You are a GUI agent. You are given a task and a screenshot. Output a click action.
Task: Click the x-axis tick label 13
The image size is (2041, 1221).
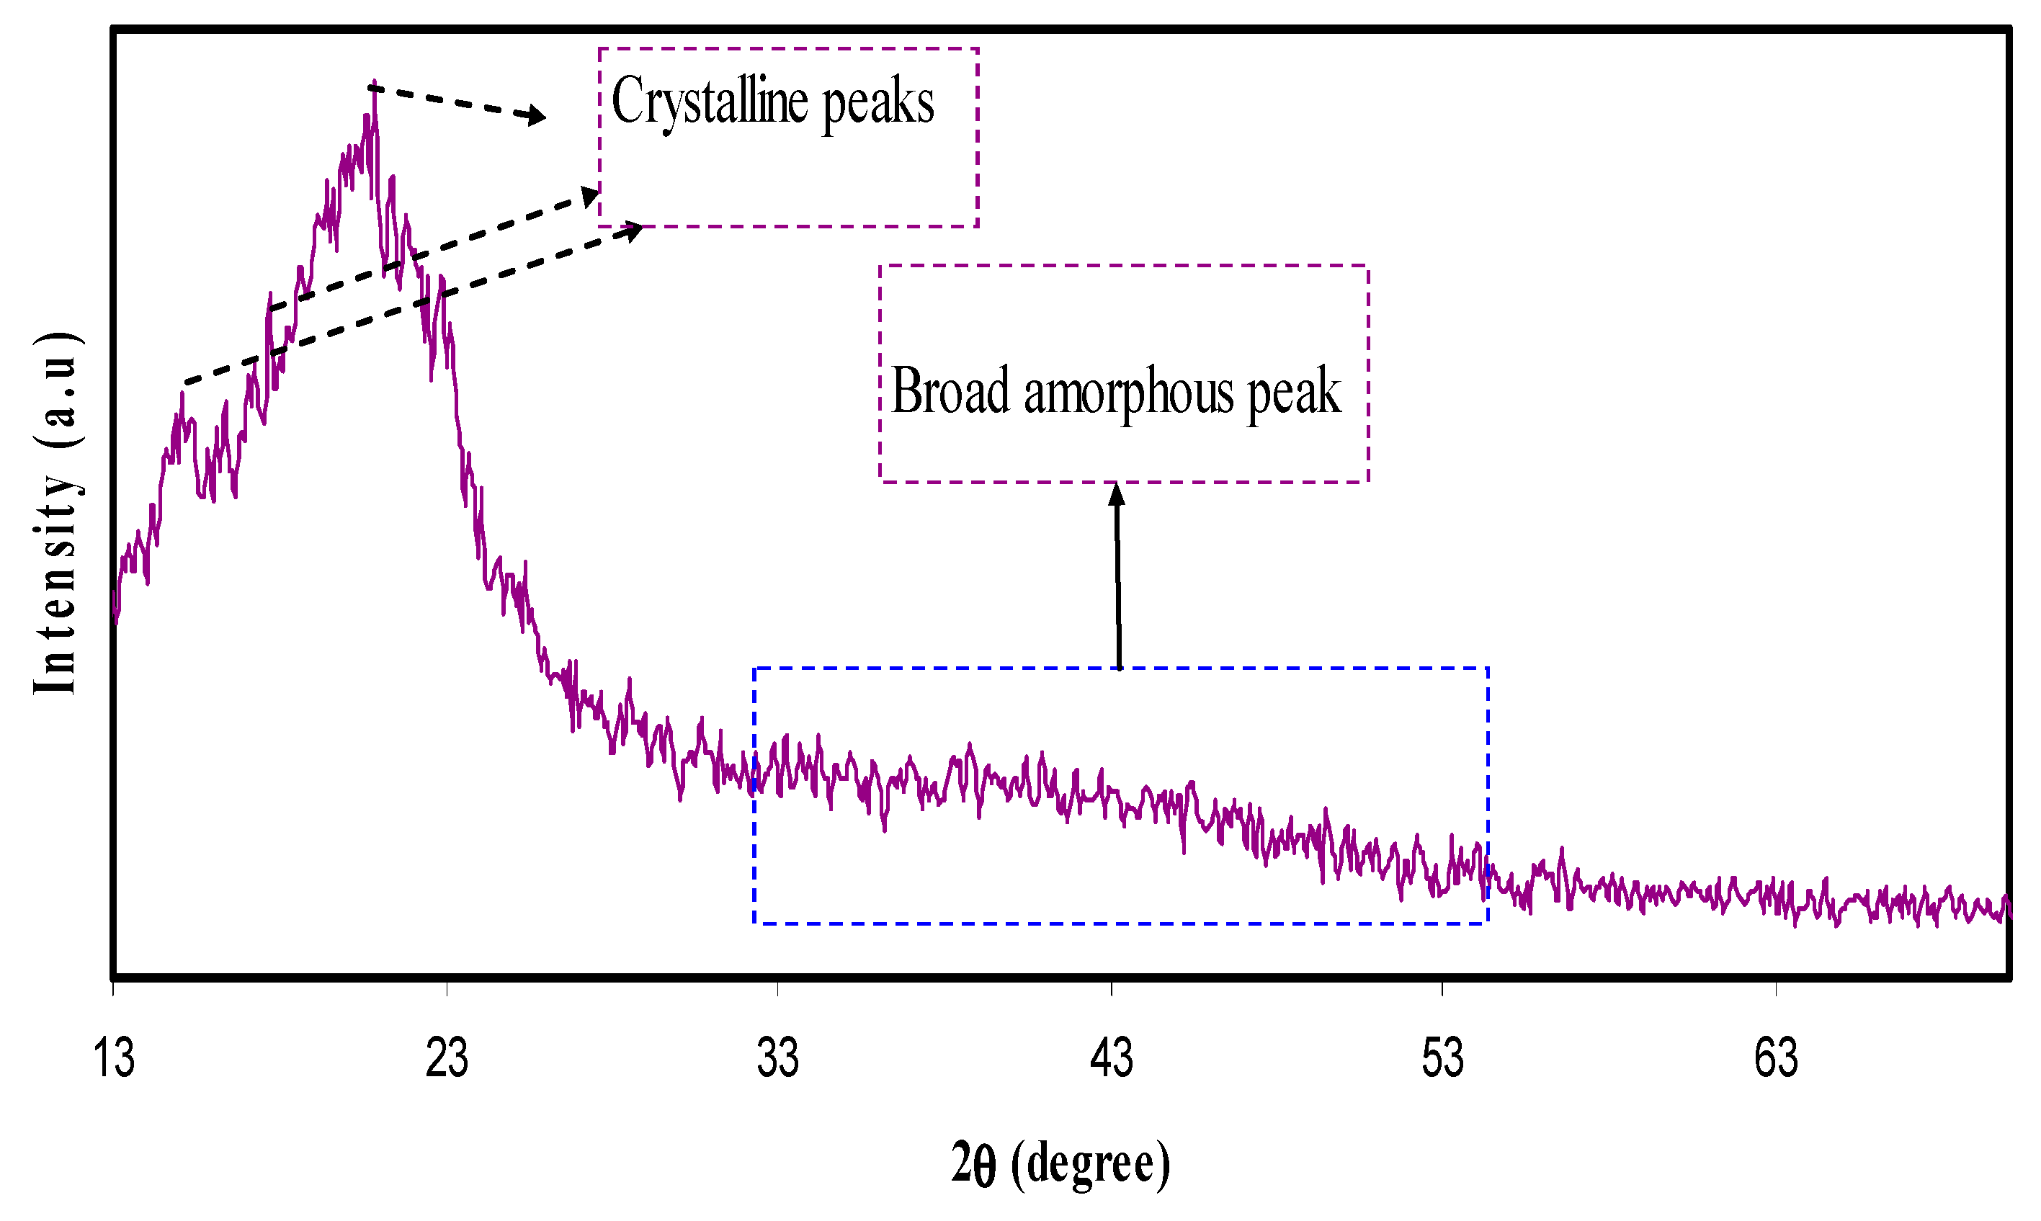tap(114, 1059)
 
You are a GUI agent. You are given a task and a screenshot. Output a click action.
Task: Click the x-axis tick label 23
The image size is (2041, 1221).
tap(447, 1059)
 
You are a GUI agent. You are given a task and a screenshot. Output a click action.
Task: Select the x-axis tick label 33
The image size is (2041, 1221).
tap(777, 1059)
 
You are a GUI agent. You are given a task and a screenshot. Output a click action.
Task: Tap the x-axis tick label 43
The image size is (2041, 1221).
tap(1112, 1059)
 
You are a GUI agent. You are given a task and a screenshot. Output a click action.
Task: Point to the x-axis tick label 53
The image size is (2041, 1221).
tap(1443, 1059)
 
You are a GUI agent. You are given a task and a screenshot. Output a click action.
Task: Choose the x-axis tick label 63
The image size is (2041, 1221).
tap(1776, 1059)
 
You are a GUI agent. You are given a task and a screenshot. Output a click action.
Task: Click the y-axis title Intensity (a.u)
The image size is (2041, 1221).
tap(56, 514)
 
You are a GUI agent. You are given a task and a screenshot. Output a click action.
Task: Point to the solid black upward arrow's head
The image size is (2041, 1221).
tap(1117, 494)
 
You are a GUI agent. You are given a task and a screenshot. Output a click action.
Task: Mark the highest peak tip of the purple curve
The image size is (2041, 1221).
tap(375, 86)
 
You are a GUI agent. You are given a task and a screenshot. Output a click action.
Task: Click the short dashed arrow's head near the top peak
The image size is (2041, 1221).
tap(538, 116)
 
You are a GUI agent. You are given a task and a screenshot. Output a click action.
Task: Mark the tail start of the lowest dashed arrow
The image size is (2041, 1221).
tap(186, 383)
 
